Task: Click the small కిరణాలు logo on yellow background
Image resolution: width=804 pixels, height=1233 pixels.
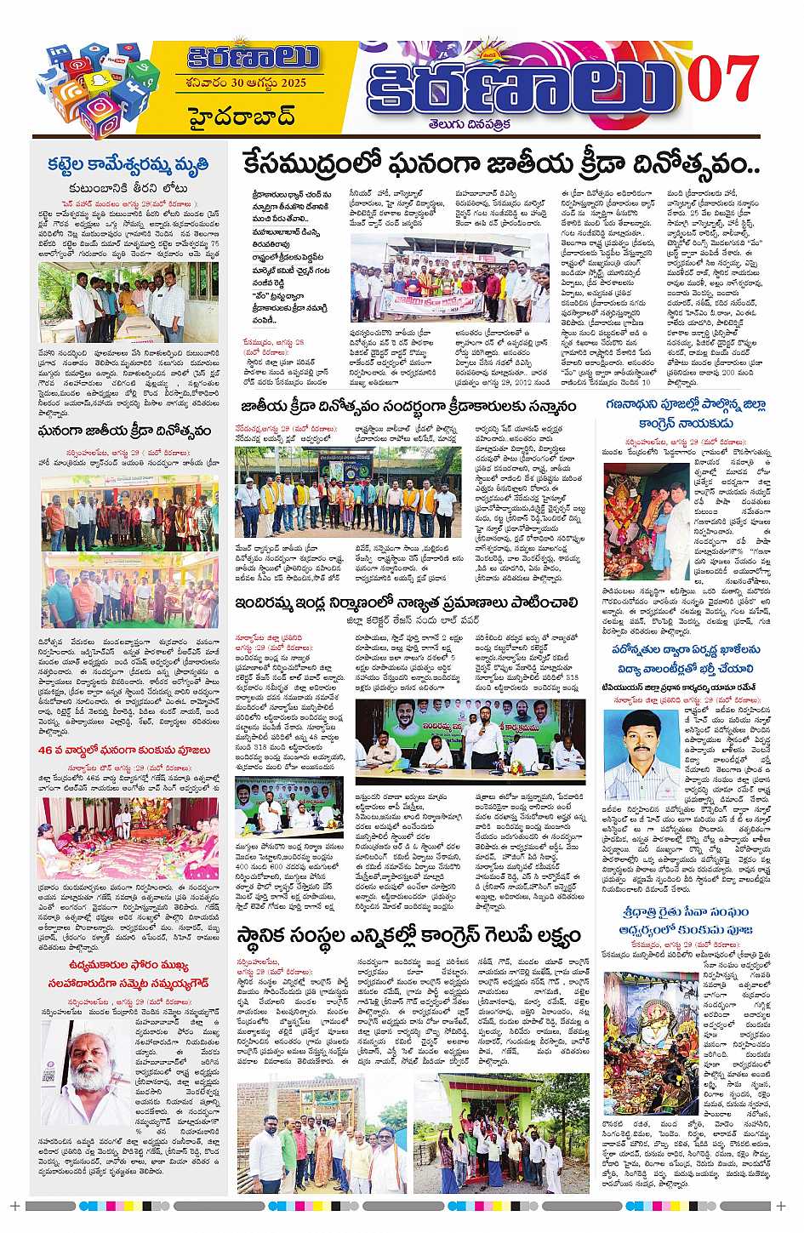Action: pyautogui.click(x=253, y=57)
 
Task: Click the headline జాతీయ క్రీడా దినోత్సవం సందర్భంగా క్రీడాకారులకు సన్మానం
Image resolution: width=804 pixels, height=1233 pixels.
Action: pyautogui.click(x=408, y=406)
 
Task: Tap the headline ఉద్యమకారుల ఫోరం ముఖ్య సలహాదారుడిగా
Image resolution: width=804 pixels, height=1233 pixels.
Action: pyautogui.click(x=128, y=973)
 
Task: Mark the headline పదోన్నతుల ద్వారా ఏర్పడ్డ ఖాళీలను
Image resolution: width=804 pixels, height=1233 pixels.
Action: pyautogui.click(x=685, y=649)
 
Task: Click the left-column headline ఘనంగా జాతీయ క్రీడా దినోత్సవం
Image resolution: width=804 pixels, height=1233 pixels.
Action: pyautogui.click(x=124, y=431)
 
